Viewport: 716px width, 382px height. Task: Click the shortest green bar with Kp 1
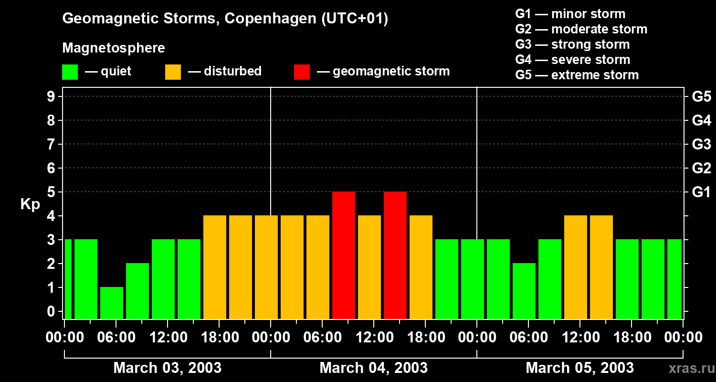pyautogui.click(x=112, y=303)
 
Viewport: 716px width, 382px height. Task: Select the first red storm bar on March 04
pyautogui.click(x=344, y=255)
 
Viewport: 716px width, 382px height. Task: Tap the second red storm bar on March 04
pyautogui.click(x=395, y=255)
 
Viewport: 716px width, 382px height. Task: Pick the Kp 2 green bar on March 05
pyautogui.click(x=524, y=290)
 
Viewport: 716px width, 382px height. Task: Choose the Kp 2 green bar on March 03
pyautogui.click(x=137, y=290)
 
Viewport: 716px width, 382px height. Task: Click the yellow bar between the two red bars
pyautogui.click(x=369, y=266)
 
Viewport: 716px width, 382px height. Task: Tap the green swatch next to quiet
pyautogui.click(x=70, y=72)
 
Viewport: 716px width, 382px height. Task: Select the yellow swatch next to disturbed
pyautogui.click(x=173, y=72)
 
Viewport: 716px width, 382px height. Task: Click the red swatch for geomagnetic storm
pyautogui.click(x=302, y=72)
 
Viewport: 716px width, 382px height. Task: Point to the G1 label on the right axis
pyautogui.click(x=701, y=192)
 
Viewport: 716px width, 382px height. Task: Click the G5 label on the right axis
pyautogui.click(x=701, y=96)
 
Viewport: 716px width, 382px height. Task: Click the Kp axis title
pyautogui.click(x=30, y=205)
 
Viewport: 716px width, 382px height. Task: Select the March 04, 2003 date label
pyautogui.click(x=373, y=368)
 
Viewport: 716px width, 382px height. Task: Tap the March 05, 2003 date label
pyautogui.click(x=579, y=368)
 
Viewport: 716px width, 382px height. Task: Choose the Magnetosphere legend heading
pyautogui.click(x=114, y=48)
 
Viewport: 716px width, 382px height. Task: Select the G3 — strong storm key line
pyautogui.click(x=572, y=44)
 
